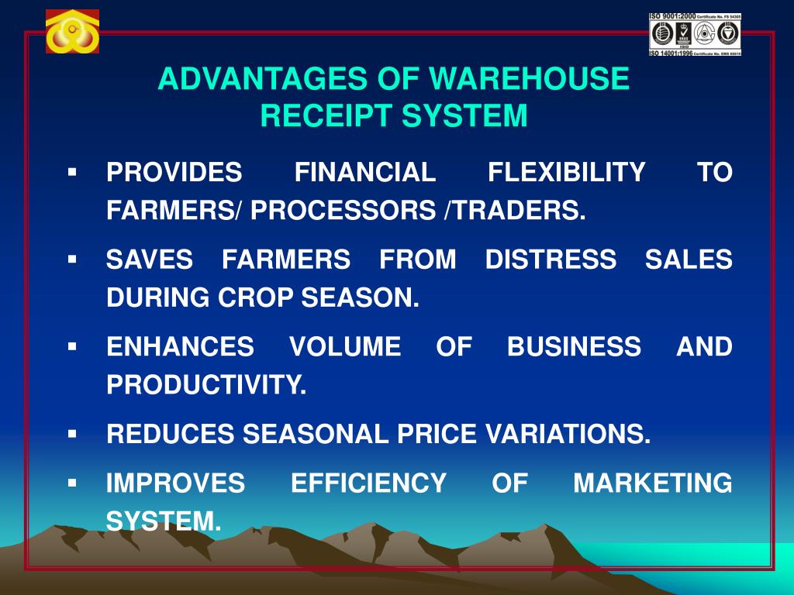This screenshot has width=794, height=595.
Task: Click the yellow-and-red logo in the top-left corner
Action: [72, 32]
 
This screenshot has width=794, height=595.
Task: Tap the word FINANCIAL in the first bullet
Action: [365, 172]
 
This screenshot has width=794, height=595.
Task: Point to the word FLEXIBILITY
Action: [566, 172]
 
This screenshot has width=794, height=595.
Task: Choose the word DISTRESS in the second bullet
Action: [551, 260]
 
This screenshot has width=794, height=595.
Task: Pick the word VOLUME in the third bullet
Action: [345, 347]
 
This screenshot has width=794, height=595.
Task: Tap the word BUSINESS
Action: [574, 347]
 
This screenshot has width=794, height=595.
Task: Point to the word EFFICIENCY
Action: [368, 483]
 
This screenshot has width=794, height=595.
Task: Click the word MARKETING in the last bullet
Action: [652, 483]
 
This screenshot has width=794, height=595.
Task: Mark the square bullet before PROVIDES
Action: [72, 170]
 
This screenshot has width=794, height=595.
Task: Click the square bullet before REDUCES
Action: [72, 433]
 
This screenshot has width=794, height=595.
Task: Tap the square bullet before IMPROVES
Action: [72, 482]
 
